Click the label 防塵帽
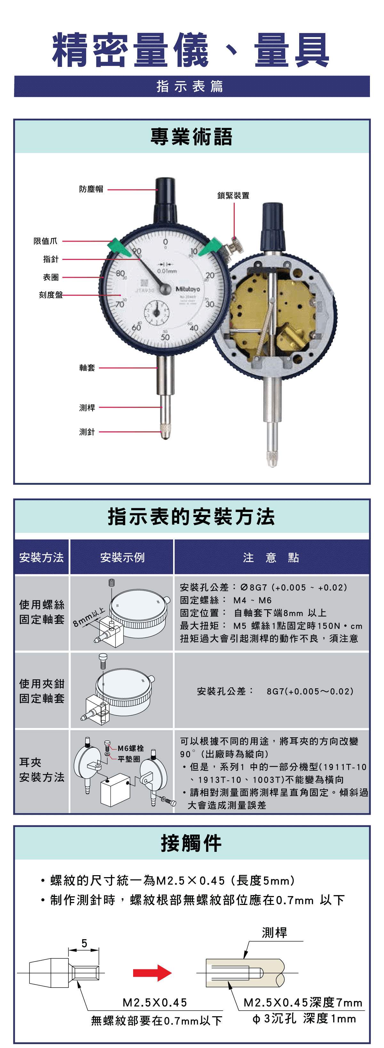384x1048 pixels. tap(91, 189)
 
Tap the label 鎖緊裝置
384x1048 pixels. tap(233, 196)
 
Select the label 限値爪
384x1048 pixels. tap(45, 241)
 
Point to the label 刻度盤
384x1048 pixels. tap(51, 295)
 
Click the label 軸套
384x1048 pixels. tap(87, 368)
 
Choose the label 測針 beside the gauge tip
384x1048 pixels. tap(87, 432)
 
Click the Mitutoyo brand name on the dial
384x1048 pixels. tap(188, 289)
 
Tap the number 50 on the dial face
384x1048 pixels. tap(165, 337)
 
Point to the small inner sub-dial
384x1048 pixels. tap(156, 312)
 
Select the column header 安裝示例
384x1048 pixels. tap(122, 557)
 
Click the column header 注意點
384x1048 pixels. tap(271, 557)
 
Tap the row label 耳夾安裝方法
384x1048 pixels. tap(42, 770)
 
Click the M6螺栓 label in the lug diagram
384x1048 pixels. tap(131, 748)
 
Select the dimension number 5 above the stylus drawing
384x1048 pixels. tap(84, 943)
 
